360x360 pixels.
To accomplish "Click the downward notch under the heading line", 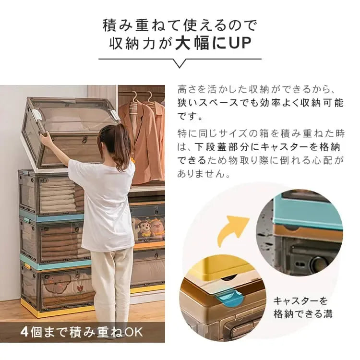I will (x=180, y=63).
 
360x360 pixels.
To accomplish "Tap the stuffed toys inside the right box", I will (x=149, y=228).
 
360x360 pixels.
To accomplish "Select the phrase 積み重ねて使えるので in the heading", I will (x=180, y=24).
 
